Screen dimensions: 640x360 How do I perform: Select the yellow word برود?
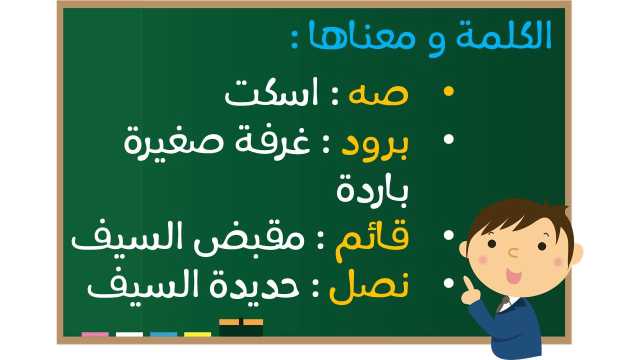375,146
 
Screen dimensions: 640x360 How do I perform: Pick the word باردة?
372,191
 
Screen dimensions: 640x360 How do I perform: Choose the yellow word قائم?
372,240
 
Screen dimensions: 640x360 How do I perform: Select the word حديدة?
254,284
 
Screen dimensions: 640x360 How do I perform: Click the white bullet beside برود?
449,139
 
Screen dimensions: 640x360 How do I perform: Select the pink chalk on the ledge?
95,334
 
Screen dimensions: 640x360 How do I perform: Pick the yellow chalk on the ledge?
197,334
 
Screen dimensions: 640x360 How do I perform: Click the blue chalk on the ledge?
163,334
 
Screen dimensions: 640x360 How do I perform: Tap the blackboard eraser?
241,327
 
